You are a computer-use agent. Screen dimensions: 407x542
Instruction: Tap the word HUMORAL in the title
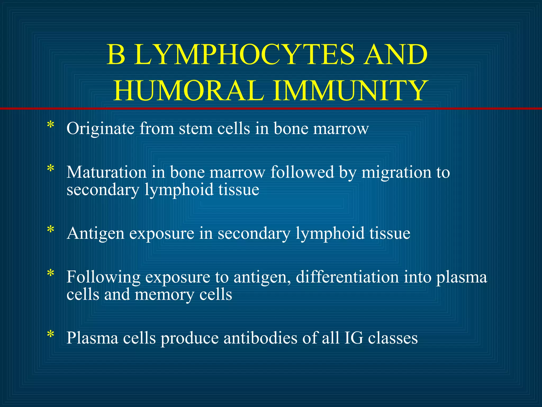point(189,91)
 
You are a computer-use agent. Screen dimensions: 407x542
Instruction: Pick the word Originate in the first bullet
point(101,129)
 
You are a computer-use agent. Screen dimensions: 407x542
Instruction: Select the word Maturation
point(106,172)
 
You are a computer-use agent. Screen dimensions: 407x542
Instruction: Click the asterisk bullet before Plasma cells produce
point(50,334)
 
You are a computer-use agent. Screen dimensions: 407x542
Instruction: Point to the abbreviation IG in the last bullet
point(354,338)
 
